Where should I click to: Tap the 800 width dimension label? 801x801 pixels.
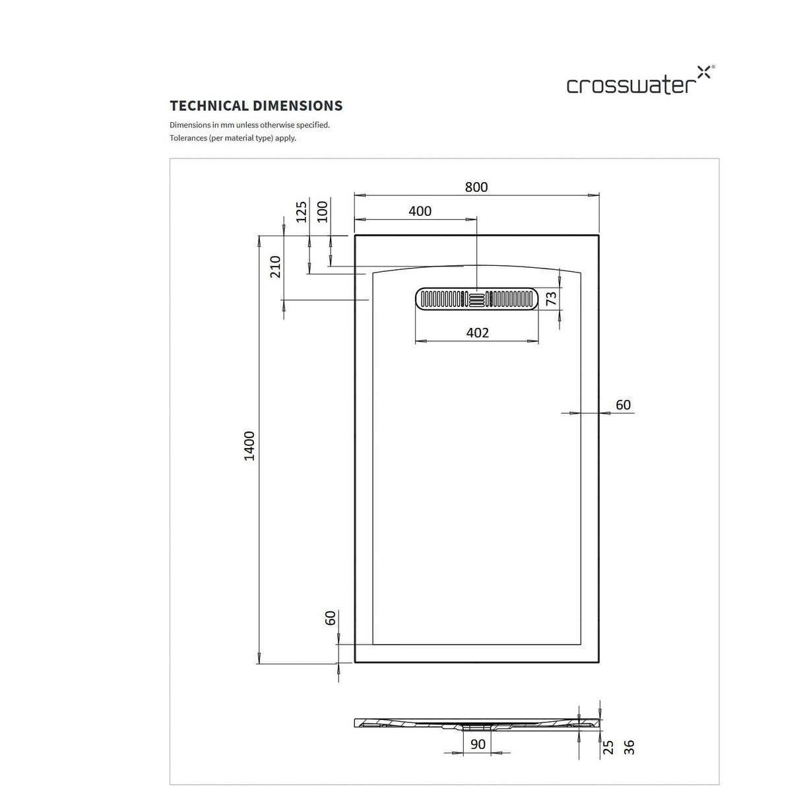[476, 187]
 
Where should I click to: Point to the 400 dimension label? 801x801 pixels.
[420, 211]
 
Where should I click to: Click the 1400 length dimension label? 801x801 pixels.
[249, 446]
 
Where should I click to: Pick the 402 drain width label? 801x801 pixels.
[478, 333]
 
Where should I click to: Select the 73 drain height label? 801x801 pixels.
[552, 299]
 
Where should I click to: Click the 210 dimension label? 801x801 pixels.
[276, 267]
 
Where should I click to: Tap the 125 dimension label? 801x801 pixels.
[302, 211]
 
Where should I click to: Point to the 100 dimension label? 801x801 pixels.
[323, 211]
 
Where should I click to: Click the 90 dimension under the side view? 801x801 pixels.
[478, 745]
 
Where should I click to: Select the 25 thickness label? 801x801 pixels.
[608, 746]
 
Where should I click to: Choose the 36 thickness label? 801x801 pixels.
[629, 746]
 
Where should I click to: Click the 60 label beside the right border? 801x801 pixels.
[623, 404]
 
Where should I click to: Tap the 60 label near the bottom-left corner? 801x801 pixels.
[331, 618]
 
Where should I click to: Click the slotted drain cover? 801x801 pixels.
[477, 299]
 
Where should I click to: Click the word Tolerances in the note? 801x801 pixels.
[188, 138]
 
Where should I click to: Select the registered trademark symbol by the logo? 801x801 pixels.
[712, 67]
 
